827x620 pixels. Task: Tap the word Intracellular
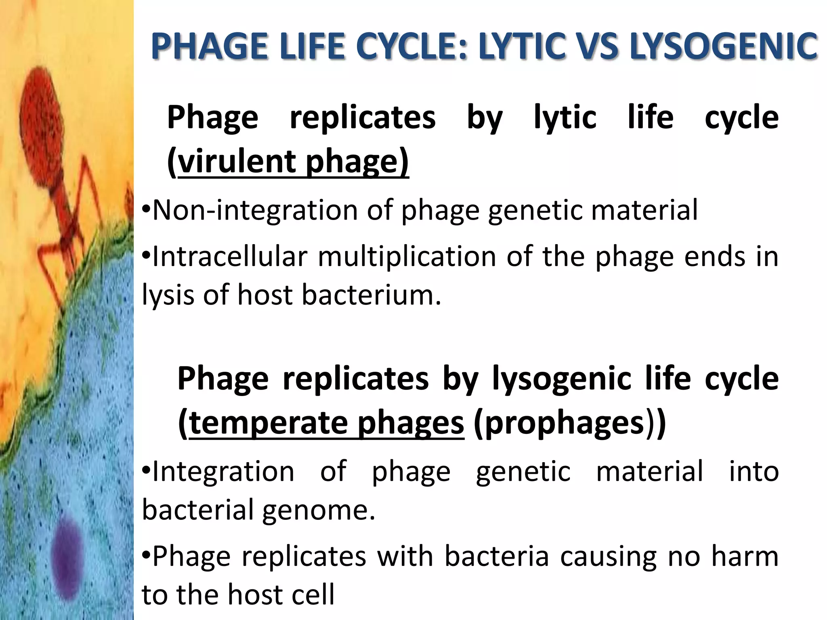point(230,257)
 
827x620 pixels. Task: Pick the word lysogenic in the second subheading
point(561,379)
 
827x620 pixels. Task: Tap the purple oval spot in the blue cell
point(67,553)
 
